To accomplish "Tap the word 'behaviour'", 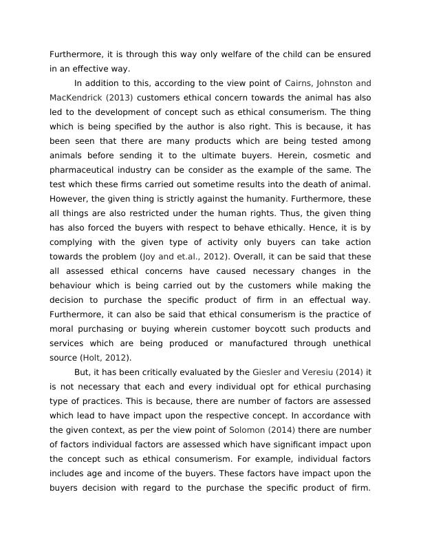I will click(x=73, y=285).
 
